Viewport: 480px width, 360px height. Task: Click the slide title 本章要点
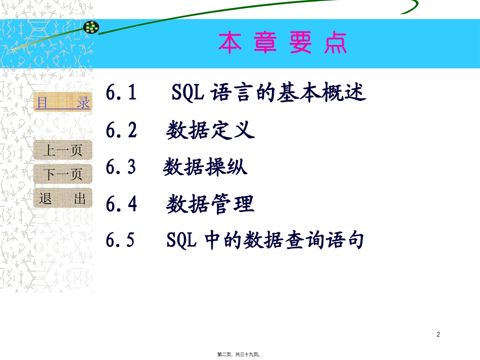tap(282, 43)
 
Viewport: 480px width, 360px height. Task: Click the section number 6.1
tap(122, 93)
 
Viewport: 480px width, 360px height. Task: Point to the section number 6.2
tap(122, 131)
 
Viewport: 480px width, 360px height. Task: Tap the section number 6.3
tap(121, 168)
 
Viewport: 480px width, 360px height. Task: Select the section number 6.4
tap(122, 204)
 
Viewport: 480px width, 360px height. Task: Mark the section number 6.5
tap(121, 241)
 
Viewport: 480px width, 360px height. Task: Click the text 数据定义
tap(211, 131)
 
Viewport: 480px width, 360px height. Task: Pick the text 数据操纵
tap(206, 168)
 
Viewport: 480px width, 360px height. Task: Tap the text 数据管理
tap(211, 204)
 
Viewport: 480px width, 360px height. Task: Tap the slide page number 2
tap(438, 334)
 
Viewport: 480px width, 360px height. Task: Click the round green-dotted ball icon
tap(91, 27)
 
